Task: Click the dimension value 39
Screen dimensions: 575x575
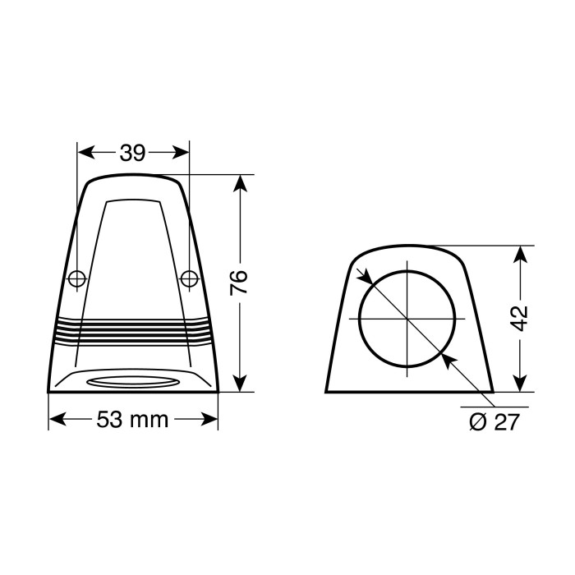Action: [x=132, y=153]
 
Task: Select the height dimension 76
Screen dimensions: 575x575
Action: [x=239, y=283]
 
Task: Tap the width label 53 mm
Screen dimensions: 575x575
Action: [x=132, y=420]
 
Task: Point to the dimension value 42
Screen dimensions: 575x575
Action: [x=519, y=317]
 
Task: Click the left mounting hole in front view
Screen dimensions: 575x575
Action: [x=76, y=278]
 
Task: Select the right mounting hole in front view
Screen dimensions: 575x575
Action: [x=189, y=278]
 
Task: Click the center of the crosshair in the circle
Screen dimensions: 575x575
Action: [x=407, y=318]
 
